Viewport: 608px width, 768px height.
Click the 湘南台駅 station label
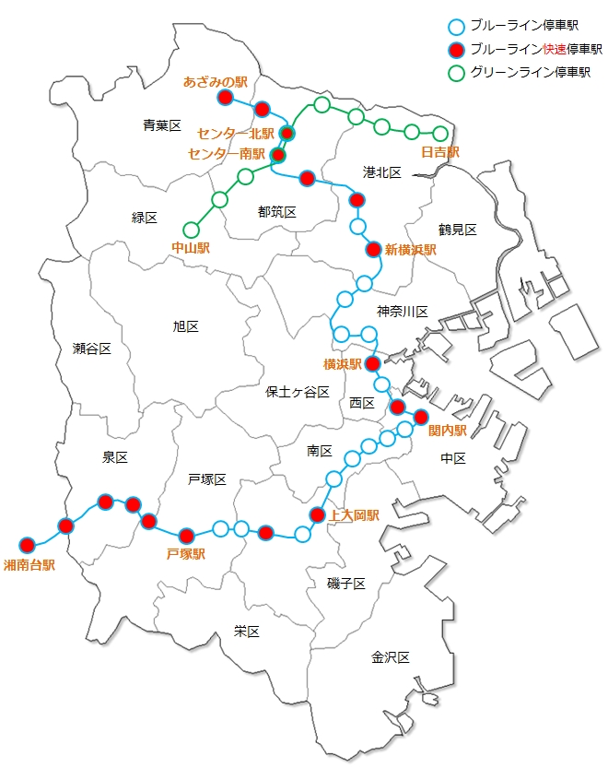29,564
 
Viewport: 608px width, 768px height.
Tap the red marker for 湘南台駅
27,544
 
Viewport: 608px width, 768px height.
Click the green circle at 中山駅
192,230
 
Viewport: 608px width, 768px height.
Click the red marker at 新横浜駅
373,249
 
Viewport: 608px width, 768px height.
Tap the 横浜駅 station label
342,363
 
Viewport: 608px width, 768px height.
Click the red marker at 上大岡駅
317,514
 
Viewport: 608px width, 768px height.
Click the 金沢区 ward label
390,657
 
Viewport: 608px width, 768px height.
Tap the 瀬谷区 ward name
92,349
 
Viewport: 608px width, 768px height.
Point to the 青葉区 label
162,125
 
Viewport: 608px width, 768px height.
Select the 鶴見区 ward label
457,230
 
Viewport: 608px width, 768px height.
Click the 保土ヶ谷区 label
298,392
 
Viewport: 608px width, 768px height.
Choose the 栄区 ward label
247,632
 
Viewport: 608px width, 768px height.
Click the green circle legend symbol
454,72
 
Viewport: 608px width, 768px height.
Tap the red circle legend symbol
454,50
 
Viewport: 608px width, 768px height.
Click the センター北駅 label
236,135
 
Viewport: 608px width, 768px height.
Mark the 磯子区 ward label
346,584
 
